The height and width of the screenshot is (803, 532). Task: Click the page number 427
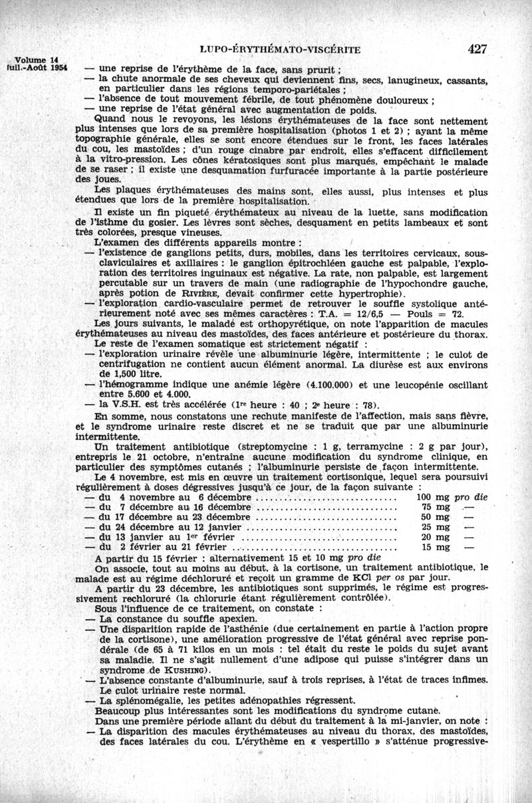click(x=477, y=49)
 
